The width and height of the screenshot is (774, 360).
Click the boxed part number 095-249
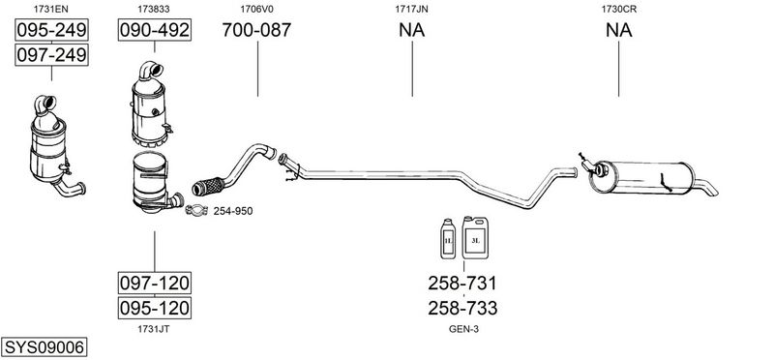(52, 31)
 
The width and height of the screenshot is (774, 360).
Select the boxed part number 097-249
(52, 55)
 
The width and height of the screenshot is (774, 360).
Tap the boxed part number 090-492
(155, 31)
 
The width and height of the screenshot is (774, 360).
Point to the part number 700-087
(256, 30)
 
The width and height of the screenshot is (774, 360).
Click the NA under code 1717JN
(412, 30)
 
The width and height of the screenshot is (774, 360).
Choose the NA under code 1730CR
(618, 30)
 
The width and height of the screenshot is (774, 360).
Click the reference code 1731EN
(51, 9)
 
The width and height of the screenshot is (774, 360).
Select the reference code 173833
(154, 9)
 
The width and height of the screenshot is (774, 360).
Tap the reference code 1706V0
(257, 9)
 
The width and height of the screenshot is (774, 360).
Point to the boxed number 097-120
(155, 283)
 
